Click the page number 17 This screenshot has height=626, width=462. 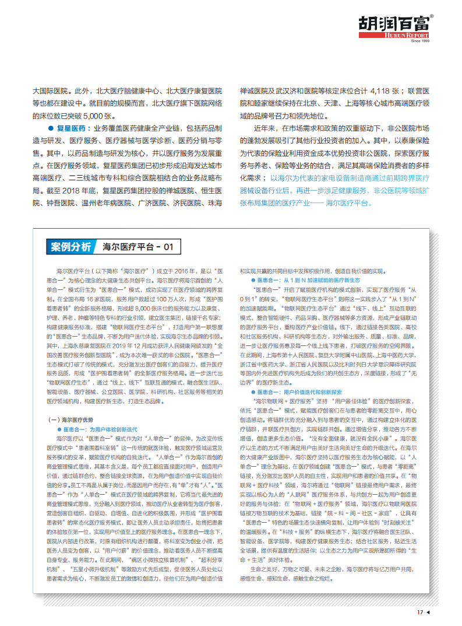[x=419, y=613]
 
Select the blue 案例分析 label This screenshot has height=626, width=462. [x=70, y=247]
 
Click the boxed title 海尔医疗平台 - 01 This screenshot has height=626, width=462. [x=138, y=247]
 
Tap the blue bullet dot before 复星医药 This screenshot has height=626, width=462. [x=51, y=128]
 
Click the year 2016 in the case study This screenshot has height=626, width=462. [x=182, y=271]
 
